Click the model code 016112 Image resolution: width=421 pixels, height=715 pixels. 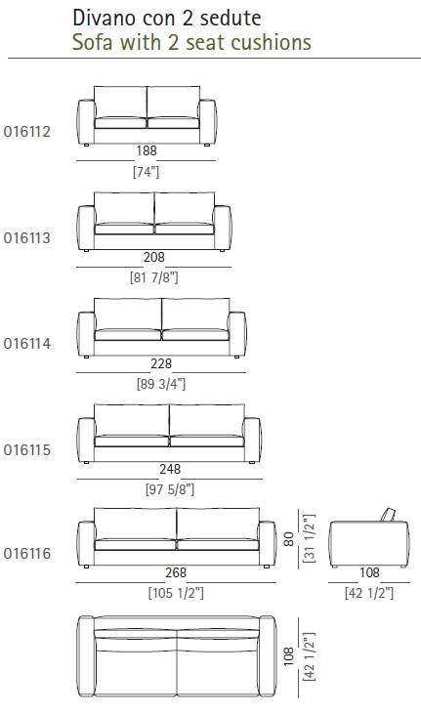pyautogui.click(x=27, y=132)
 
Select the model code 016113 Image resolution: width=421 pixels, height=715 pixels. pyautogui.click(x=27, y=238)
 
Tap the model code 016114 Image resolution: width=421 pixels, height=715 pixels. pyautogui.click(x=27, y=344)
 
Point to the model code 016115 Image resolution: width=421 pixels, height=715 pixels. pyautogui.click(x=27, y=450)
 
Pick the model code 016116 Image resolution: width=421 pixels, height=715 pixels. pyautogui.click(x=27, y=554)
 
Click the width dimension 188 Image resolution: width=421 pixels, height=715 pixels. pyautogui.click(x=147, y=150)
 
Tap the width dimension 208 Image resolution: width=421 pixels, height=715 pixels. pyautogui.click(x=154, y=257)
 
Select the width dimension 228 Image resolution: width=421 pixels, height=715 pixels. pyautogui.click(x=161, y=363)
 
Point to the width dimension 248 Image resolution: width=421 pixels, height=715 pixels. pyautogui.click(x=170, y=469)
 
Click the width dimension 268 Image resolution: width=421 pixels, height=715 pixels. pyautogui.click(x=176, y=572)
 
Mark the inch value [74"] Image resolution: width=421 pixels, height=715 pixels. pyautogui.click(x=146, y=172)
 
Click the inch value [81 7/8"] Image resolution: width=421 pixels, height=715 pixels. pyautogui.click(x=154, y=277)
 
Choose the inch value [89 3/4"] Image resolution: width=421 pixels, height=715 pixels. pyautogui.click(x=161, y=384)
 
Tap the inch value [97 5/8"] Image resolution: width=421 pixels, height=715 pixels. pyautogui.click(x=170, y=489)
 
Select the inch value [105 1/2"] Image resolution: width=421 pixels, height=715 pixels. pyautogui.click(x=176, y=593)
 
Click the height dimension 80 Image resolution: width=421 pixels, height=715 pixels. pyautogui.click(x=289, y=538)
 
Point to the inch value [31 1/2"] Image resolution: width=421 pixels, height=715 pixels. pyautogui.click(x=310, y=538)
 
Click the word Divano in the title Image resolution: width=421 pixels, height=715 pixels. pyautogui.click(x=102, y=19)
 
